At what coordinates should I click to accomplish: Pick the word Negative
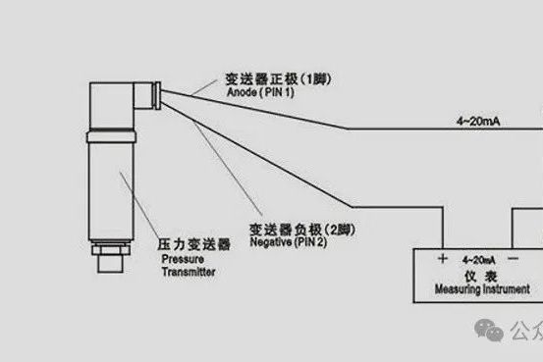tap(270, 241)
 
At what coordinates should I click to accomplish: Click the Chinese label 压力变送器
tap(193, 242)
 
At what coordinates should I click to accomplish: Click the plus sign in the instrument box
tap(443, 258)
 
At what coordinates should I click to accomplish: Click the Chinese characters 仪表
tap(477, 276)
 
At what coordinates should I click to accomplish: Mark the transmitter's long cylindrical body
tap(106, 186)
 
